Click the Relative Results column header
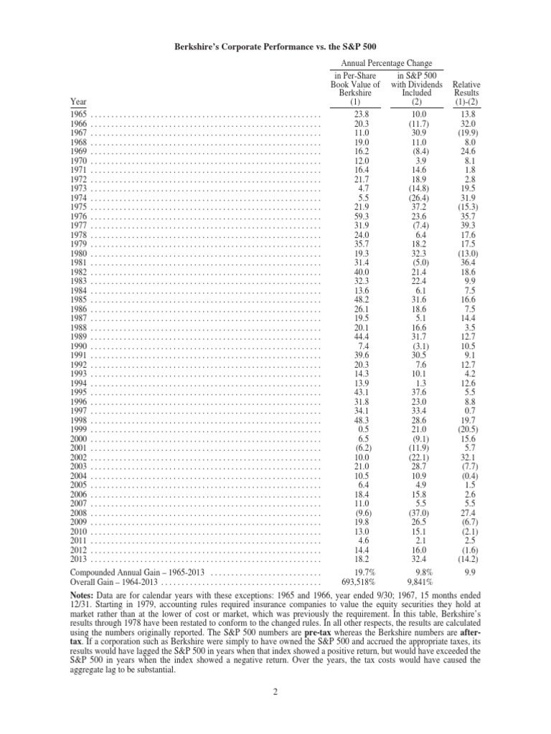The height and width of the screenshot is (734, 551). coord(466,92)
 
